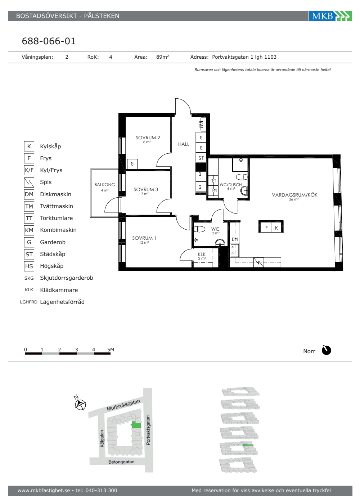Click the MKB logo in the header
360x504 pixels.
(x=330, y=16)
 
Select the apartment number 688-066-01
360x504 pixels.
(x=49, y=41)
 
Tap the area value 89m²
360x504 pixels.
(x=162, y=57)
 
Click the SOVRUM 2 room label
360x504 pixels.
(x=148, y=138)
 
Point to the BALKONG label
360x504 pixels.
(x=105, y=184)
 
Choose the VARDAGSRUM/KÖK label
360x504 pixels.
(x=294, y=195)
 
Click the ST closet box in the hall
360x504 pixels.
(x=201, y=158)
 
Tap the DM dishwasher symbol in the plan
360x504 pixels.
(x=235, y=239)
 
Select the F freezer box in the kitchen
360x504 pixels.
(x=266, y=228)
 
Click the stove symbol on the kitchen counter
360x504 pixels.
(x=259, y=262)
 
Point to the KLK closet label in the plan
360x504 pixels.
(x=202, y=254)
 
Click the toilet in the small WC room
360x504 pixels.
(x=199, y=229)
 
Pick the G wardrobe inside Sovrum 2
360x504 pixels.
(x=132, y=164)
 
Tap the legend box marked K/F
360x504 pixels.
(x=29, y=170)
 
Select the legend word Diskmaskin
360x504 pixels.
(x=55, y=194)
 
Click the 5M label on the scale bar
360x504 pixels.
(x=111, y=350)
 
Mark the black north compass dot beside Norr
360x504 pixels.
(x=326, y=350)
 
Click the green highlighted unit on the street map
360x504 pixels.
(x=136, y=424)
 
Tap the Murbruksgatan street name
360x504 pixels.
(x=123, y=405)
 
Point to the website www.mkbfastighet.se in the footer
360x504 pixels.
(x=44, y=490)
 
